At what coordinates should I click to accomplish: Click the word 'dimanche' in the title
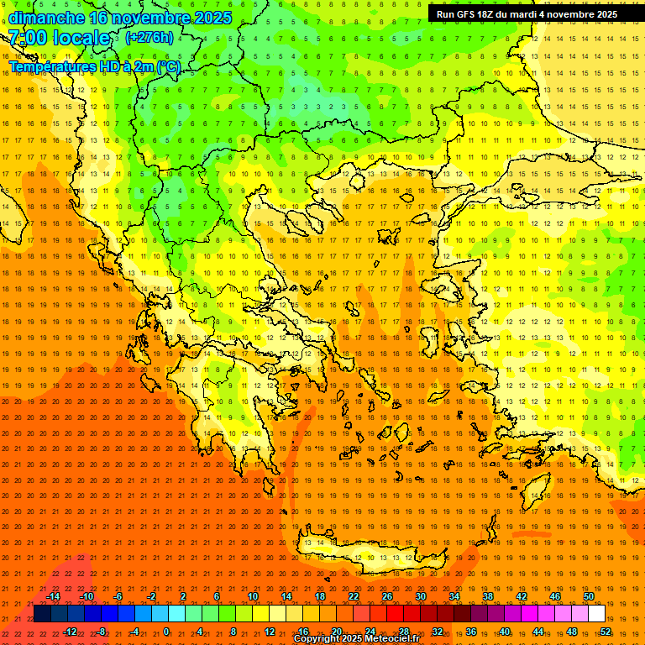[x=46, y=18]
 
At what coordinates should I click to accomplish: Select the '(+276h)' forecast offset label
[x=149, y=37]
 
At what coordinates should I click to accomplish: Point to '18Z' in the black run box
[x=484, y=14]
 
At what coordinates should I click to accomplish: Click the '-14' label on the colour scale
[x=53, y=596]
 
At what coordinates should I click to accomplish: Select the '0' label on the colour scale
[x=166, y=632]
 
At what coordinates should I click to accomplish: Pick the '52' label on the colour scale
[x=606, y=632]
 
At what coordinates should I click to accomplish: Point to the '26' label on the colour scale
[x=387, y=596]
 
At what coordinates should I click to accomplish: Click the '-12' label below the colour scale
[x=70, y=632]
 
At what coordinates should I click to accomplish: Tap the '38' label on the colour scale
[x=488, y=596]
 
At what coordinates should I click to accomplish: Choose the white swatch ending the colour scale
[x=596, y=613]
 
